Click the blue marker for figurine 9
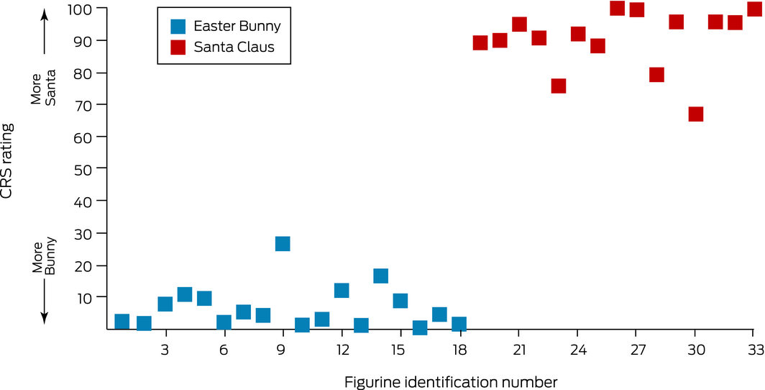[x=283, y=244]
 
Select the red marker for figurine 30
[x=695, y=114]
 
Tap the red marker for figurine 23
[x=559, y=86]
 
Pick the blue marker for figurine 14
[x=381, y=276]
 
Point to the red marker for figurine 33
[x=754, y=9]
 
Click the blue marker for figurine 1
[x=122, y=322]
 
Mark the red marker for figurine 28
[x=656, y=75]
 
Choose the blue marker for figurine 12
[x=342, y=291]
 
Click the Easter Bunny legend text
[x=237, y=27]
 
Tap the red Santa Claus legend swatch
[x=178, y=47]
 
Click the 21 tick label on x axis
[x=519, y=350]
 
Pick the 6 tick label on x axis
[x=224, y=350]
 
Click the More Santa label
[x=44, y=91]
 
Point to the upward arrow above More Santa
[x=44, y=32]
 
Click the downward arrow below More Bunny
[x=44, y=302]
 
